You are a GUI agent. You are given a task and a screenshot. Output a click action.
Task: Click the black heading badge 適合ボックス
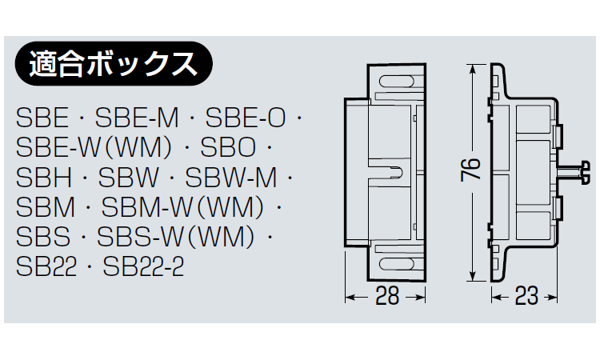coord(114,63)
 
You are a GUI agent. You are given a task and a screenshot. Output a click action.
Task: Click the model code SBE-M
coord(137,118)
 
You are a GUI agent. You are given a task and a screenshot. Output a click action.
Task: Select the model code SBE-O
coord(246,118)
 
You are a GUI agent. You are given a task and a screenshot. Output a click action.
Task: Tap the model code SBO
coord(228,147)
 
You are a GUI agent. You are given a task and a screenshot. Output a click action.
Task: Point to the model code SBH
coord(44,177)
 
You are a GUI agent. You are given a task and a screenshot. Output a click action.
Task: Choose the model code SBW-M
coord(231,177)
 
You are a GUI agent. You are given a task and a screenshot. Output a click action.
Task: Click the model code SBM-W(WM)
coord(182,207)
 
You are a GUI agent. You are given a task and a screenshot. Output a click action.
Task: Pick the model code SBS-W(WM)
coord(176,237)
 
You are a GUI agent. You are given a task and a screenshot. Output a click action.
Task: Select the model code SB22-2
coord(143,266)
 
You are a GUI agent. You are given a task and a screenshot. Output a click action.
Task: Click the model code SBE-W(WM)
coord(94,147)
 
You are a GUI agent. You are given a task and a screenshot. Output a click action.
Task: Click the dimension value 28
coord(387,296)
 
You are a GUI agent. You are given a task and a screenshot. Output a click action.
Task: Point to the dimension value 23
coord(526,296)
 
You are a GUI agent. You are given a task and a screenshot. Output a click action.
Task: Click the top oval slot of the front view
coord(397,82)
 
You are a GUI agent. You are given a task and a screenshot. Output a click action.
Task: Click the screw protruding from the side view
coord(573,173)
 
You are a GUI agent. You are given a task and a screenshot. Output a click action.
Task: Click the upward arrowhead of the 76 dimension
coord(473,69)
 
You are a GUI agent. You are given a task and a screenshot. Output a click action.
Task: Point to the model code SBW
coord(128,177)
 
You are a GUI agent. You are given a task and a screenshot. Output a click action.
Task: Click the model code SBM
coord(46,207)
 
